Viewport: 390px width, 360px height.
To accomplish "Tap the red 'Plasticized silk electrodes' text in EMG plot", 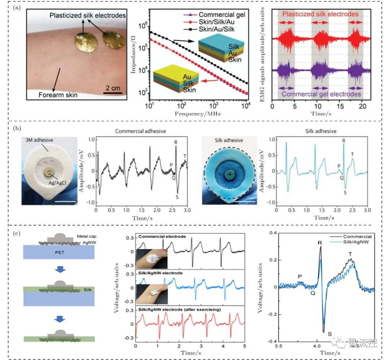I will [x=320, y=14].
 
